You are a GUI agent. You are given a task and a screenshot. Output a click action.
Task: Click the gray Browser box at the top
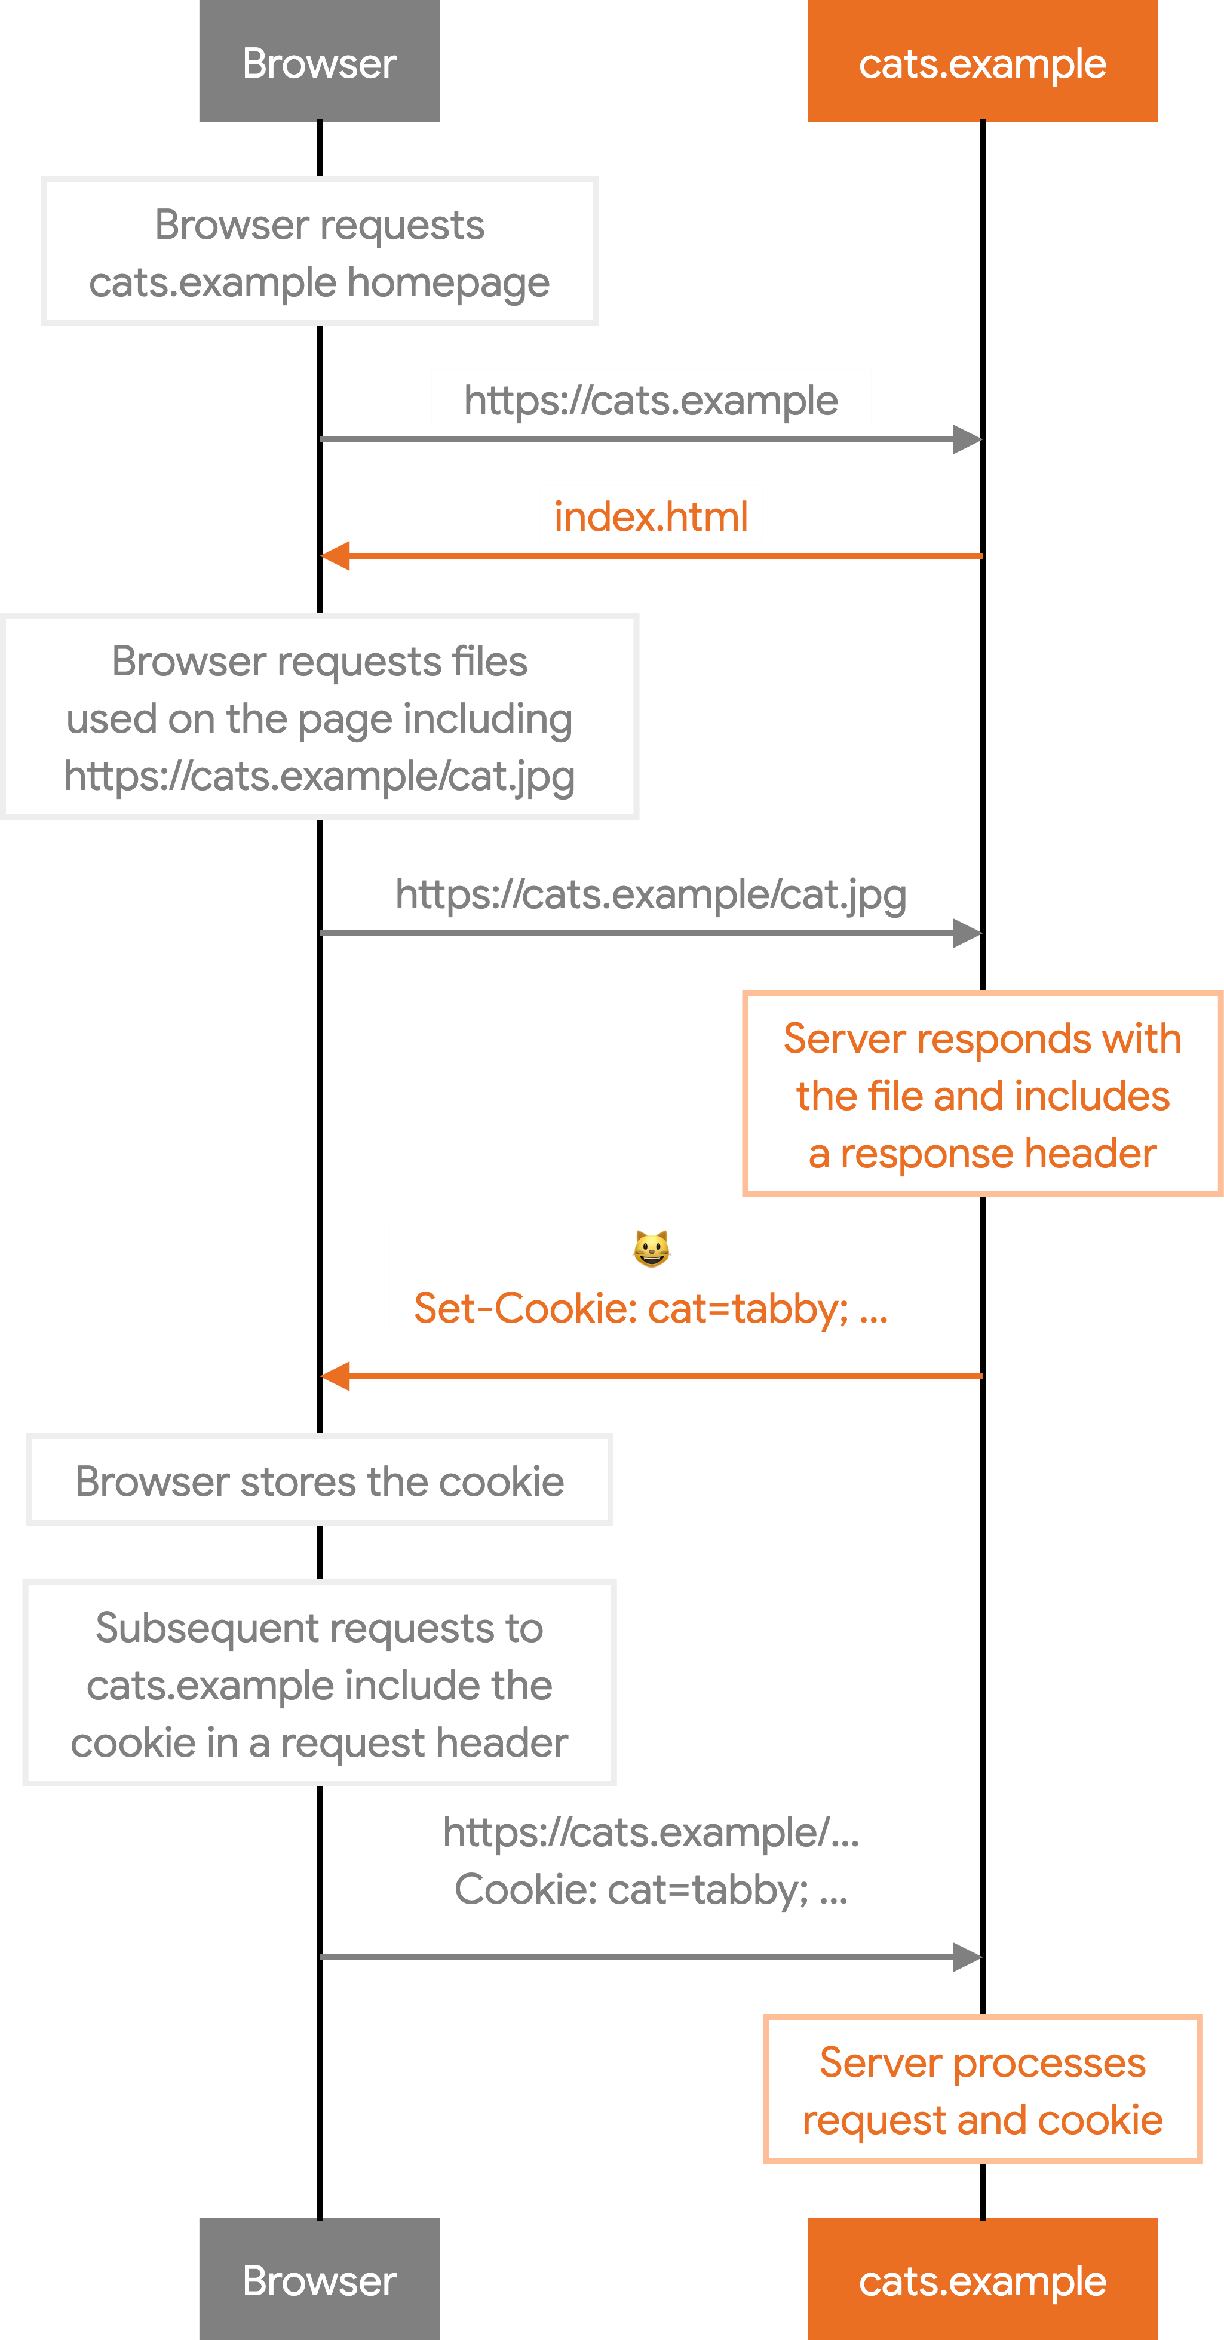pyautogui.click(x=319, y=62)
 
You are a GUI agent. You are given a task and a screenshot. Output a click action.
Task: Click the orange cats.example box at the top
pyautogui.click(x=981, y=62)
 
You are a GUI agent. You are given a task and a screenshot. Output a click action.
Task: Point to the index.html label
pyautogui.click(x=651, y=517)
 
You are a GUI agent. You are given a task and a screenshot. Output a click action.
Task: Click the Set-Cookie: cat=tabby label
pyautogui.click(x=651, y=1309)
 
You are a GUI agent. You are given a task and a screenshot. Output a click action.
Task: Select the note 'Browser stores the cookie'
pyautogui.click(x=319, y=1480)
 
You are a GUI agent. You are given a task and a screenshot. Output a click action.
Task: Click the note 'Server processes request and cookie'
pyautogui.click(x=981, y=2089)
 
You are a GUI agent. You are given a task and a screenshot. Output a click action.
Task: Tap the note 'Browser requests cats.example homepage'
pyautogui.click(x=319, y=251)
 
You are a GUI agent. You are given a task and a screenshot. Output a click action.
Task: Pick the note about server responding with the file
pyautogui.click(x=981, y=1094)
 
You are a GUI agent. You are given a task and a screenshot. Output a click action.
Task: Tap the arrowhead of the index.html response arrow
pyautogui.click(x=335, y=555)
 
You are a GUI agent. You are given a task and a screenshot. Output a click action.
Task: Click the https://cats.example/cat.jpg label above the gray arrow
pyautogui.click(x=651, y=895)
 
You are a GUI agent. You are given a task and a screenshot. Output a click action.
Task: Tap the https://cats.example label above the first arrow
pyautogui.click(x=651, y=401)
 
